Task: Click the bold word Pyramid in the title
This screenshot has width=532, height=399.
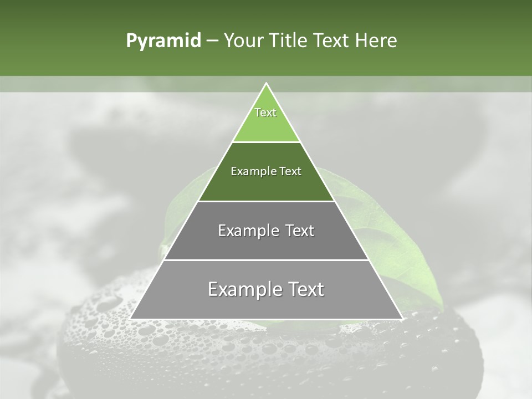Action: (163, 41)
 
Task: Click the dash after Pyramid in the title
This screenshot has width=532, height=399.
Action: (212, 41)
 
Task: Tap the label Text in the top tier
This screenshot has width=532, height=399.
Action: (265, 112)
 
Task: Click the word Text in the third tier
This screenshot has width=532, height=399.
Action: (300, 231)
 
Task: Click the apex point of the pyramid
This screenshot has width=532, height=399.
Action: (266, 84)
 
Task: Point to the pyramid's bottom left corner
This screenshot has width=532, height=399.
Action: (131, 318)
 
